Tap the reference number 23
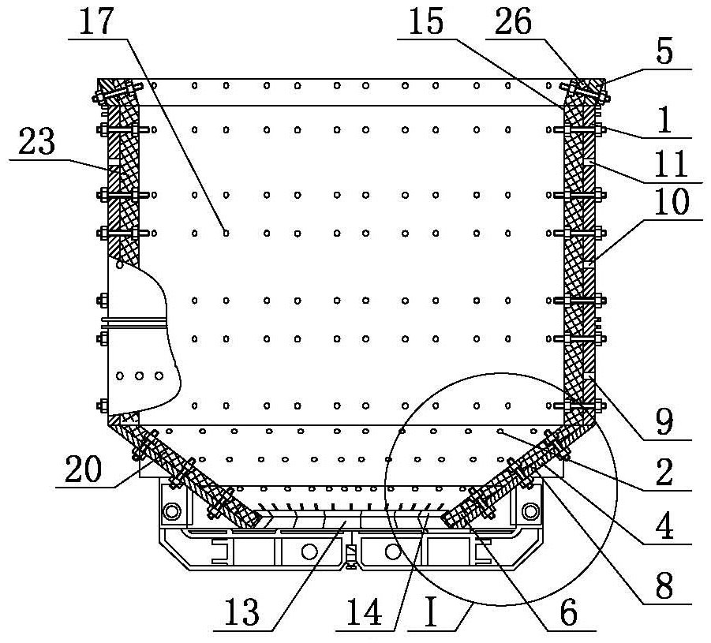37,141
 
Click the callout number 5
664,52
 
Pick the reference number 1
664,119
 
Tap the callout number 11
672,163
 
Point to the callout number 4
664,525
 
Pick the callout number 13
241,611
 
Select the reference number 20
83,469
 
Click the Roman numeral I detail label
430,611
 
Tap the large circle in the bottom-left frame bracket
171,511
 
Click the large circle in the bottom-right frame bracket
530,511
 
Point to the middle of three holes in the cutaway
140,376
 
